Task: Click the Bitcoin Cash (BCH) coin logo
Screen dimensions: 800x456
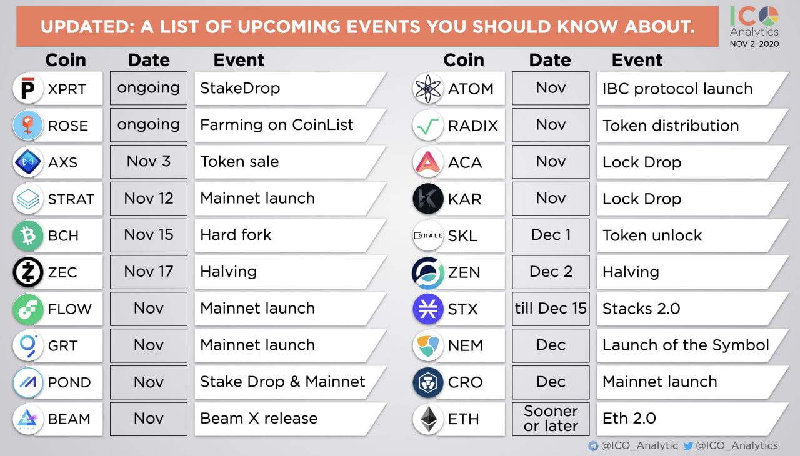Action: [28, 235]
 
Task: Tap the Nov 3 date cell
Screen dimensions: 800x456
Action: [149, 162]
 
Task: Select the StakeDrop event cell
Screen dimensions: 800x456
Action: [290, 88]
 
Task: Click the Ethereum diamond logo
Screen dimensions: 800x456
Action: [428, 419]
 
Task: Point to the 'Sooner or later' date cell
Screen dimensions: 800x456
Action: [551, 419]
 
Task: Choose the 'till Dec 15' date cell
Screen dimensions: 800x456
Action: [551, 309]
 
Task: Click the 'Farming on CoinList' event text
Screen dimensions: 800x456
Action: [276, 125]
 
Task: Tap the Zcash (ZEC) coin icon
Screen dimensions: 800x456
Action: [28, 272]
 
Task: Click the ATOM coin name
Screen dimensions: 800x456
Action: [471, 89]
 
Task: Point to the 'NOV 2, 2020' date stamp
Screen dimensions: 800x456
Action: [754, 44]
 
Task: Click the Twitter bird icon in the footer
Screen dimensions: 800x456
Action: [688, 445]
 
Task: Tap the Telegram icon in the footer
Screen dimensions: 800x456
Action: [593, 445]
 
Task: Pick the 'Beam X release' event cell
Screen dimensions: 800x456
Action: [290, 419]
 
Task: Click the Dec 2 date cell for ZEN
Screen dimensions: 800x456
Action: [551, 272]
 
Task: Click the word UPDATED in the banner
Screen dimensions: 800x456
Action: [87, 27]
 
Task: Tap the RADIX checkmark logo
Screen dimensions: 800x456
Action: [428, 126]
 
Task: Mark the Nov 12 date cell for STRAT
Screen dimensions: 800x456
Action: [149, 199]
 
